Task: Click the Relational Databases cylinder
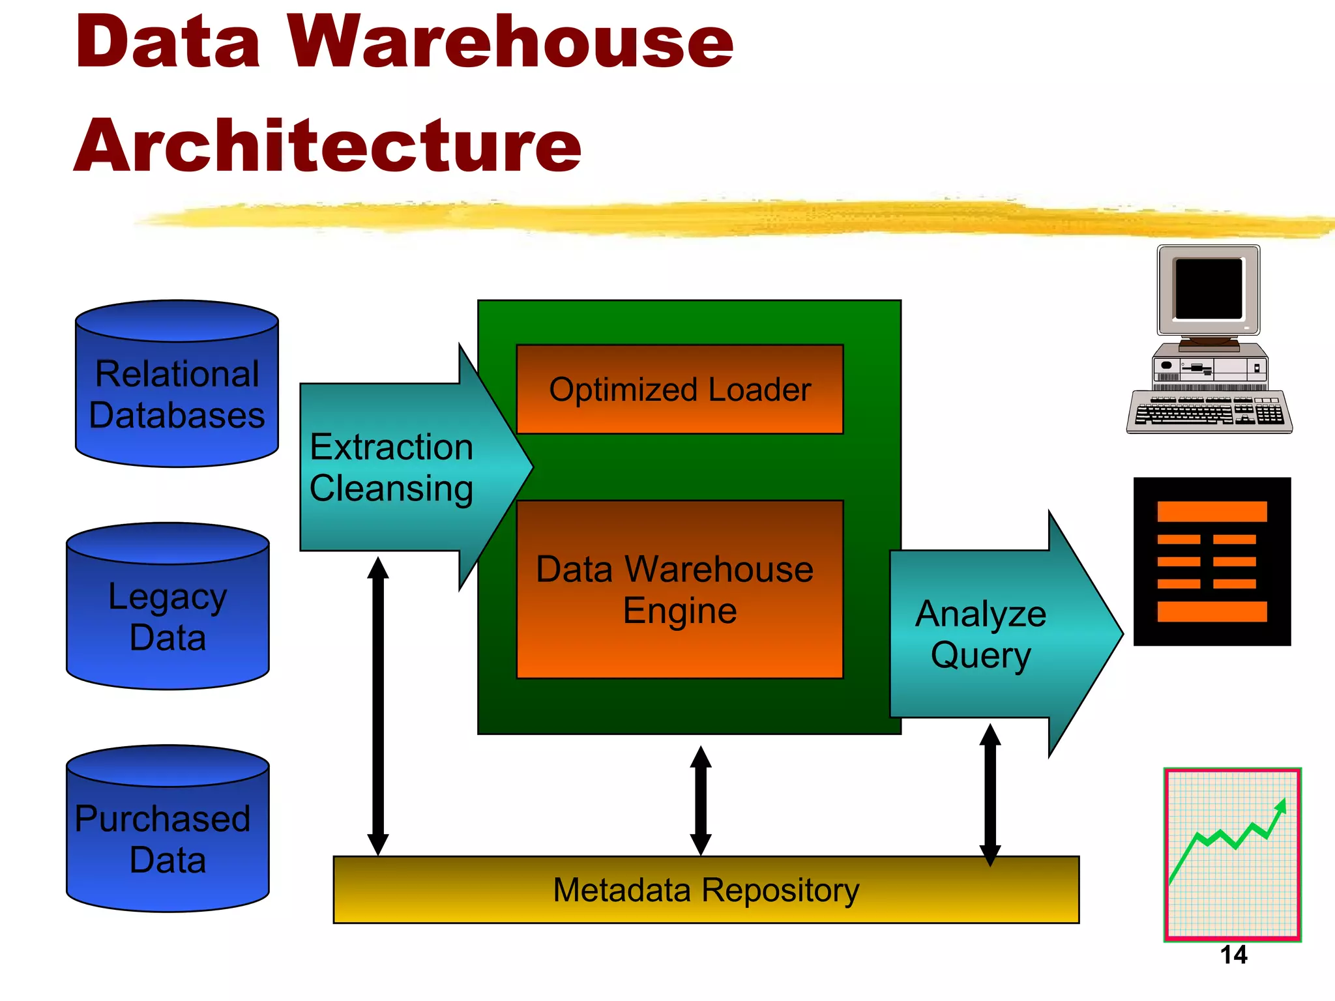(x=177, y=391)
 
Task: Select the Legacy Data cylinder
(x=168, y=613)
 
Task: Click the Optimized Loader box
(x=679, y=390)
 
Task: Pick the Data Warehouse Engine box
(x=679, y=590)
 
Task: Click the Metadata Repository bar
(x=705, y=890)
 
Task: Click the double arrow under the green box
(x=701, y=800)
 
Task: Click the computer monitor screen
(x=1209, y=289)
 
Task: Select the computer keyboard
(x=1209, y=412)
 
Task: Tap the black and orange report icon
(x=1212, y=562)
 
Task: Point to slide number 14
(x=1233, y=955)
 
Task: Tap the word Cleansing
(x=391, y=489)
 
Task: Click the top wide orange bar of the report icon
(x=1212, y=512)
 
